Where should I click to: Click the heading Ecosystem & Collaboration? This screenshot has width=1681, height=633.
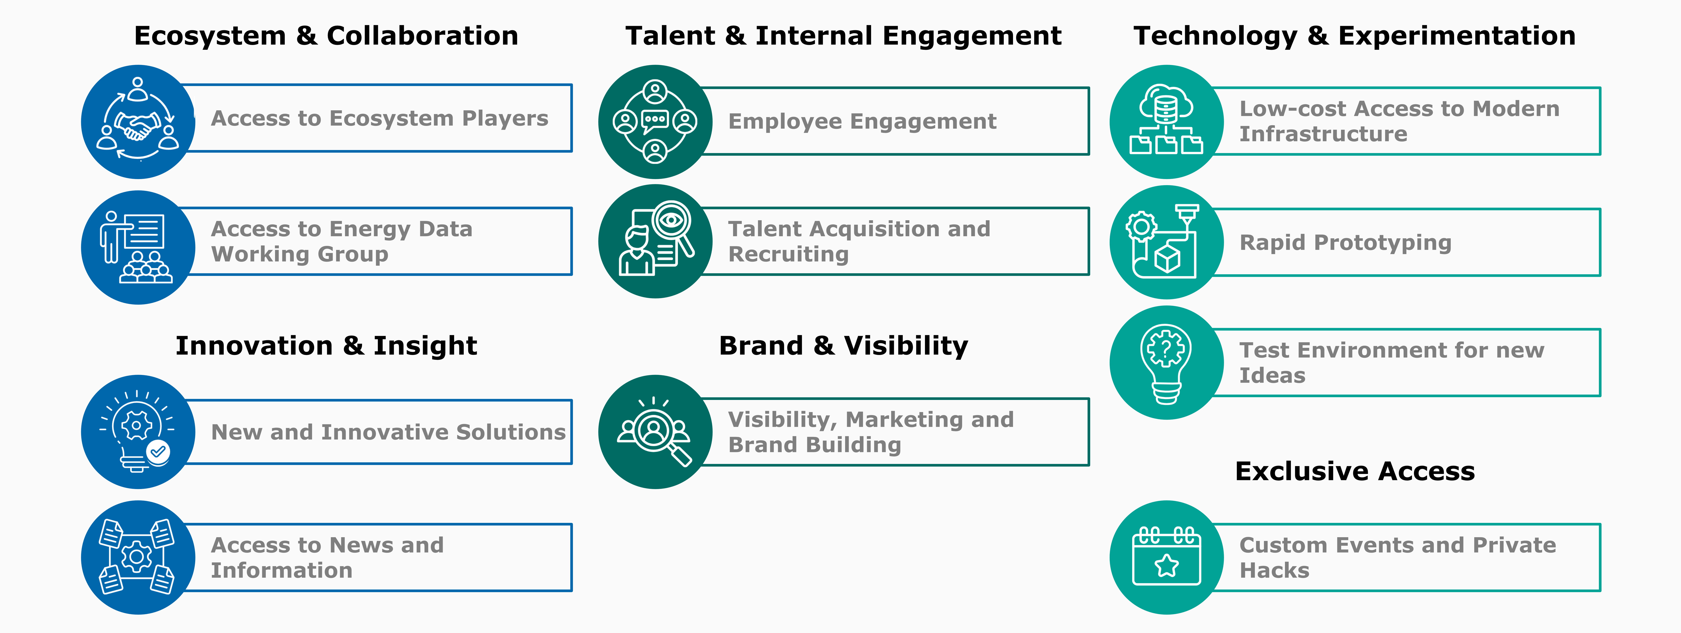click(326, 36)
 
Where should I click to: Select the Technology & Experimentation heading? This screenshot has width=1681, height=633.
click(1355, 36)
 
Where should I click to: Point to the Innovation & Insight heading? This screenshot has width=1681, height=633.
click(326, 346)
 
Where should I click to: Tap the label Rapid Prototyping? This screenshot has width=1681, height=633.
click(1346, 243)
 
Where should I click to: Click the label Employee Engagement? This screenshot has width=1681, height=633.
click(862, 122)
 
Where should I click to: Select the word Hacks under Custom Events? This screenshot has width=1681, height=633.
click(1274, 570)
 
